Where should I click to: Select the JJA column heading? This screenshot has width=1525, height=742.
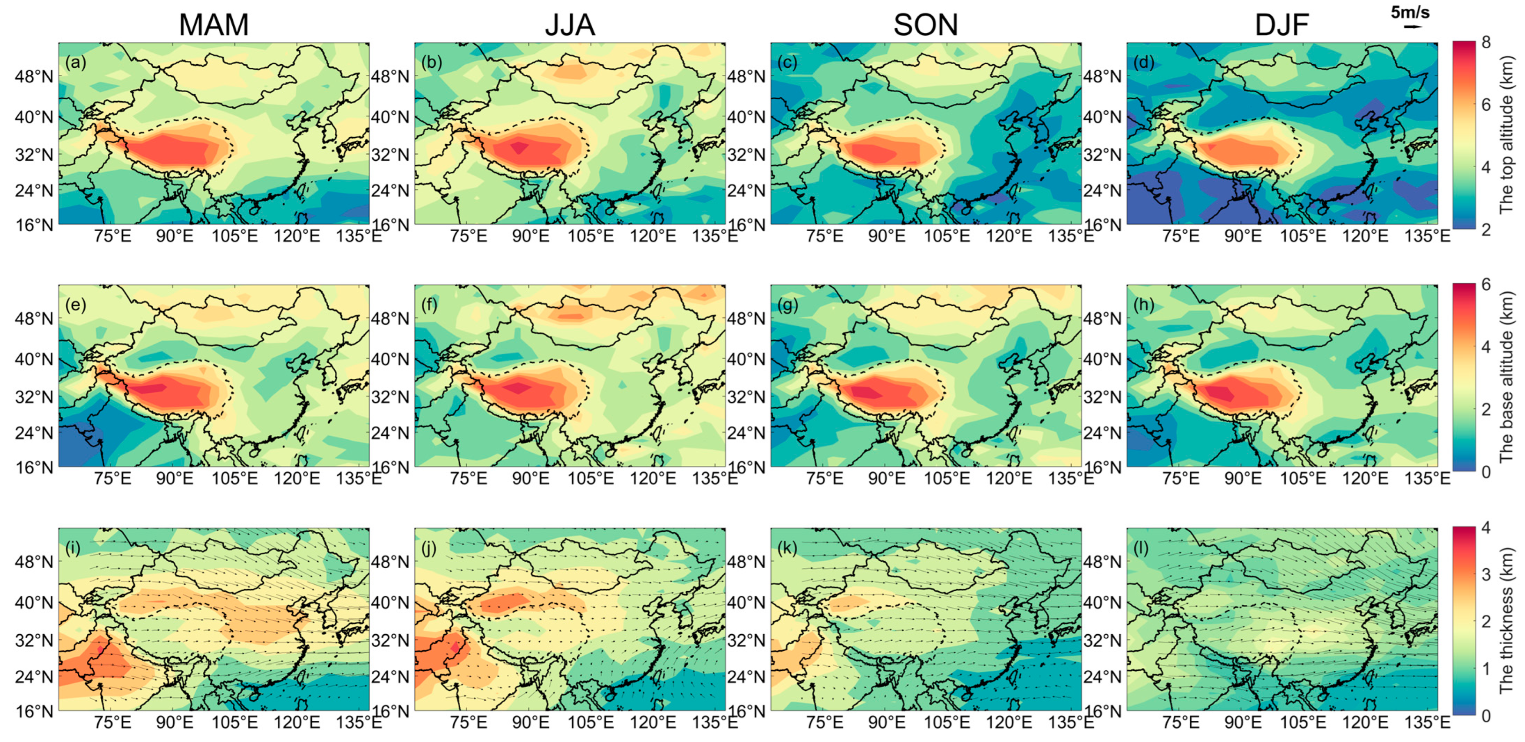[x=570, y=25]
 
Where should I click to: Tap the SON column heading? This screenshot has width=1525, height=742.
[x=925, y=25]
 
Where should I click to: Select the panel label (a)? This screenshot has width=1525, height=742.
[x=76, y=62]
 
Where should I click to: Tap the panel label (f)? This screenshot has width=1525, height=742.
[x=432, y=305]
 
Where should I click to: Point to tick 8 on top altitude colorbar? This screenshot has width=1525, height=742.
[x=1486, y=43]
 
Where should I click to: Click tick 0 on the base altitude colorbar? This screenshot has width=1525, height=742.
[x=1486, y=472]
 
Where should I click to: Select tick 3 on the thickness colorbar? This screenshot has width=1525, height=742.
[x=1486, y=574]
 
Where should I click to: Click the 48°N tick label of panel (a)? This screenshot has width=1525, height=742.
[x=34, y=76]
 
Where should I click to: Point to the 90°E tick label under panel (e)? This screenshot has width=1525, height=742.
[x=175, y=478]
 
